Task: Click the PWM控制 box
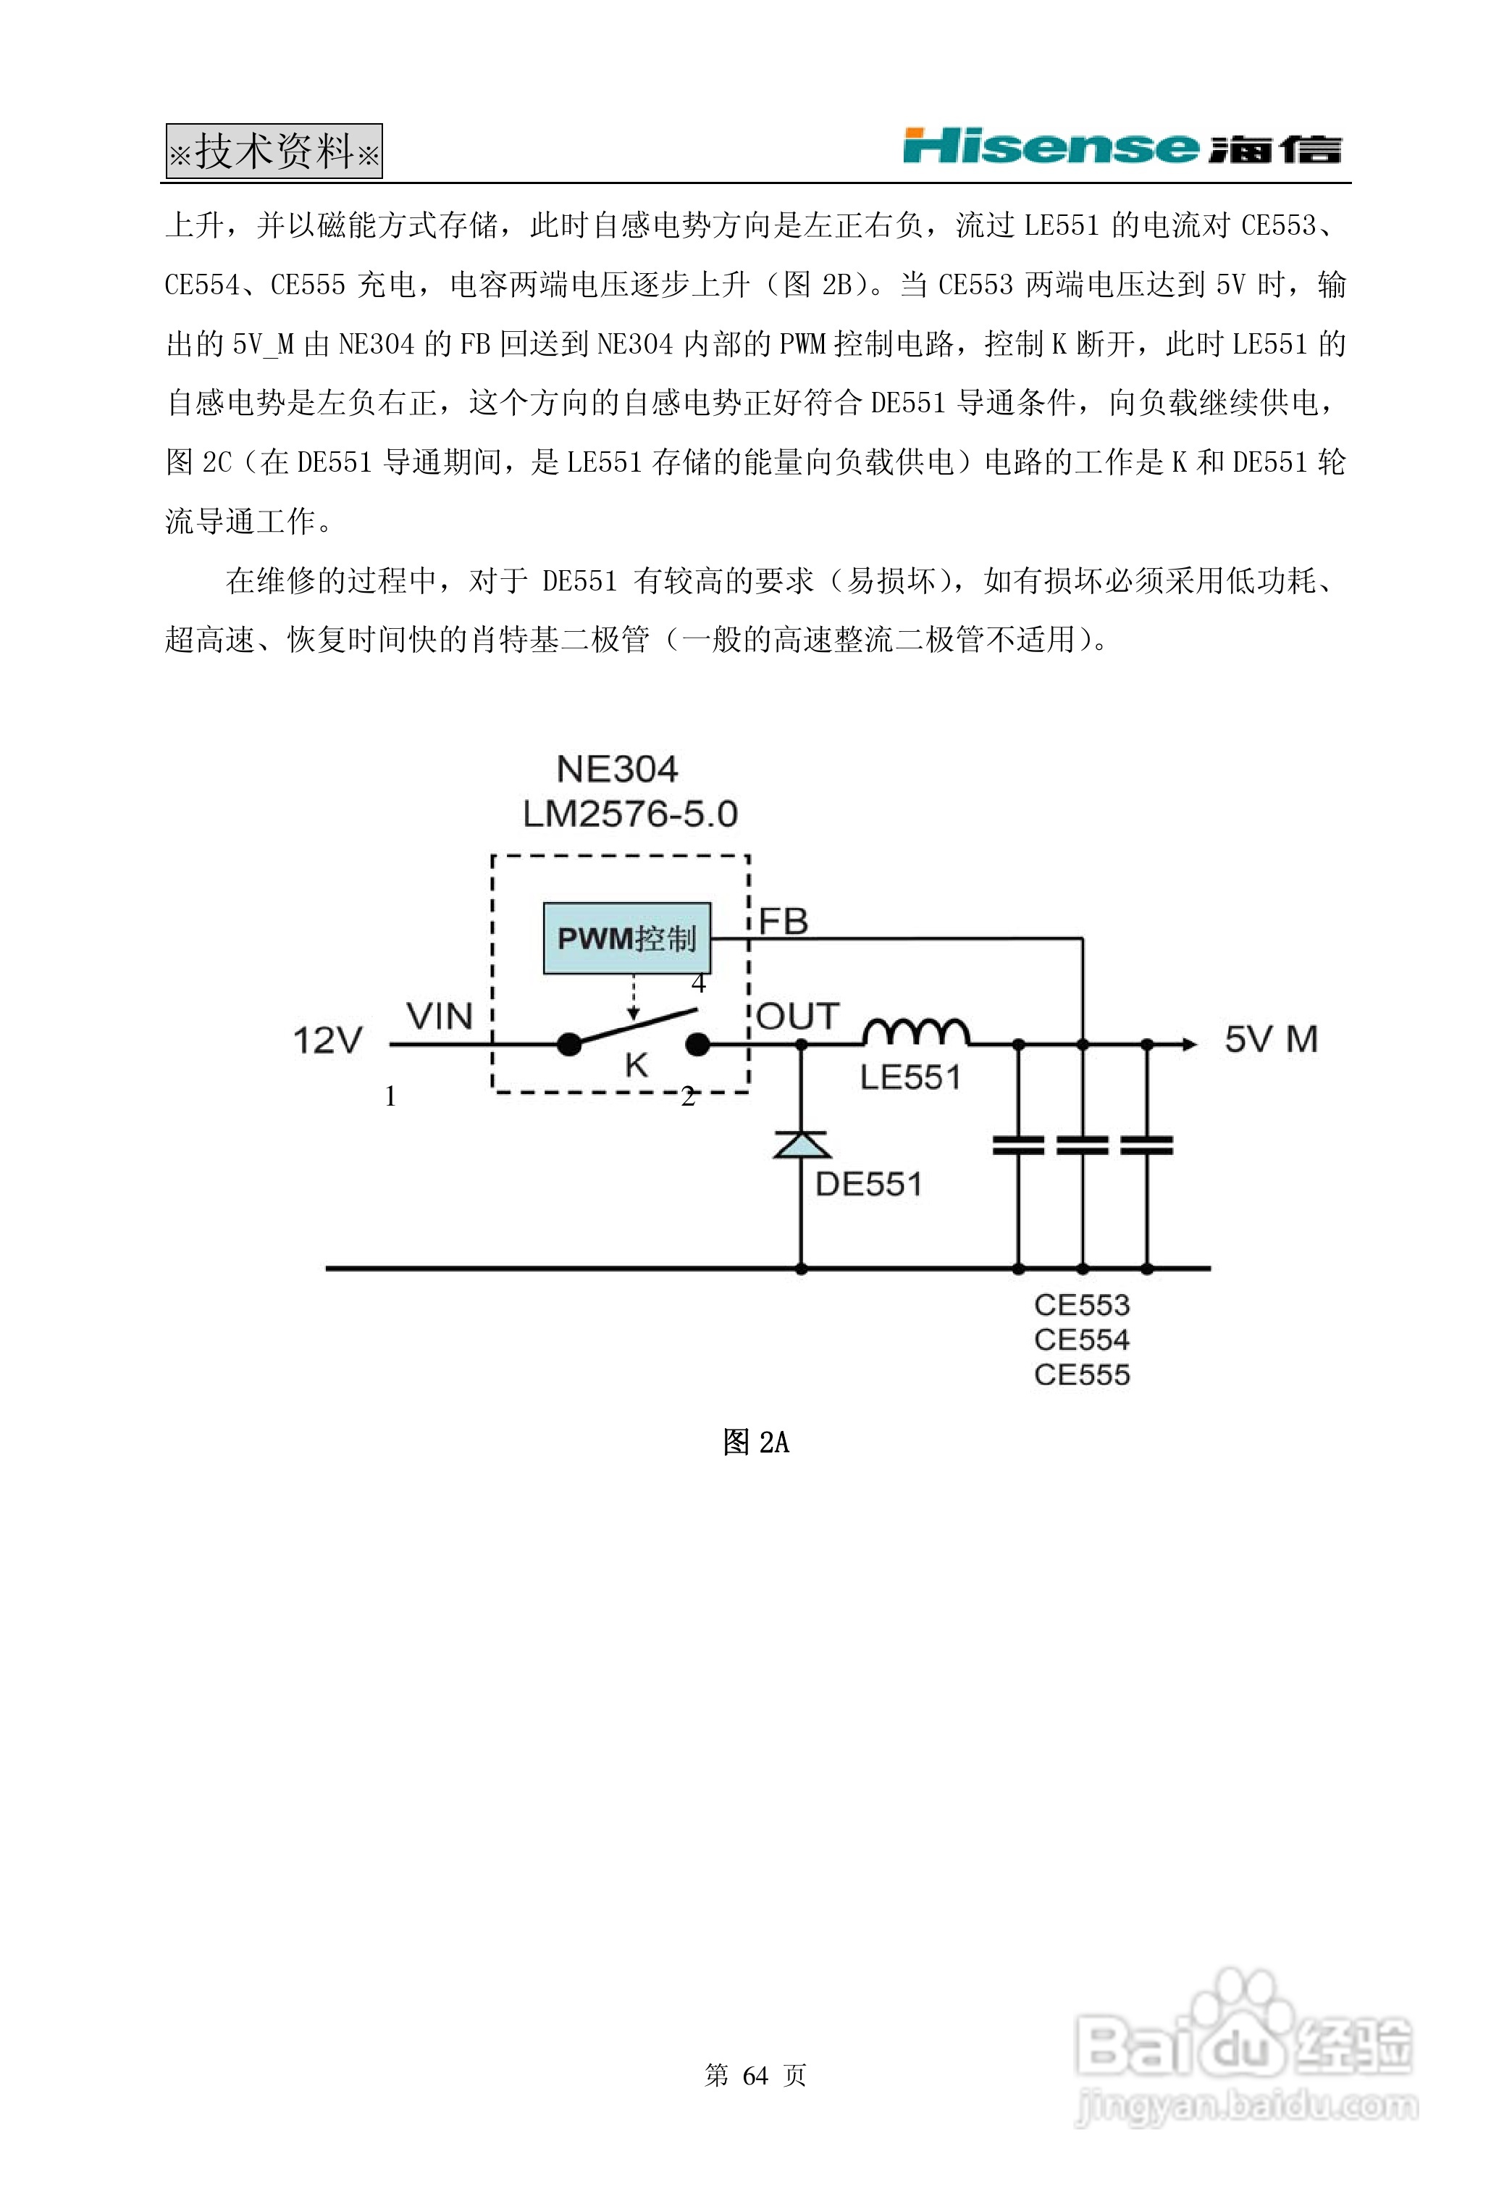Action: (626, 938)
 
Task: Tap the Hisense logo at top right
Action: (1122, 147)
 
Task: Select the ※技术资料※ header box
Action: (274, 151)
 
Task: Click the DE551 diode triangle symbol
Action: (802, 1145)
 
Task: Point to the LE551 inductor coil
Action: (915, 1032)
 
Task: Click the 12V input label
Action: (328, 1040)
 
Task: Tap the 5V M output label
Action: (1270, 1040)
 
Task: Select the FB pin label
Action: (784, 921)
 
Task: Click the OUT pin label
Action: (798, 1017)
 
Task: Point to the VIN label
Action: (440, 1017)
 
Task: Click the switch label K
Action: (636, 1066)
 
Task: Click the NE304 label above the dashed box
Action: (617, 769)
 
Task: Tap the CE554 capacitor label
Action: (1082, 1340)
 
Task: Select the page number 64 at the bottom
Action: (755, 2075)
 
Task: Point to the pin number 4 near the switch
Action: (698, 984)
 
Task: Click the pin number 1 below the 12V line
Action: (390, 1096)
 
